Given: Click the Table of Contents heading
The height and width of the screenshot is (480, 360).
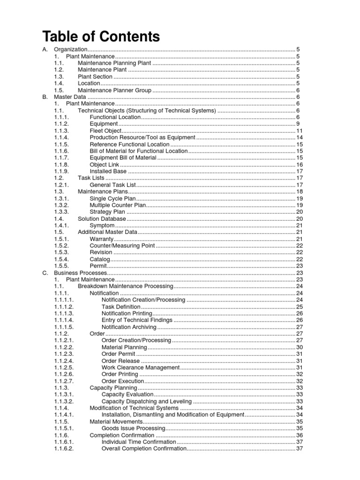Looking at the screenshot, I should [x=101, y=36].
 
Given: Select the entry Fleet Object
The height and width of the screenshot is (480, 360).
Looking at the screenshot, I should [x=105, y=131].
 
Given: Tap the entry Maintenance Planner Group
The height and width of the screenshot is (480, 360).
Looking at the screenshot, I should [x=114, y=90].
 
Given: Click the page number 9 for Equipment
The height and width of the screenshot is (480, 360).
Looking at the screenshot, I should [x=298, y=124].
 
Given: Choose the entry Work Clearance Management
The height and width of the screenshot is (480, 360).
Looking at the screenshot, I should [x=141, y=367].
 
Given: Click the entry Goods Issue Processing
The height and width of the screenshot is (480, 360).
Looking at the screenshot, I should [x=132, y=428].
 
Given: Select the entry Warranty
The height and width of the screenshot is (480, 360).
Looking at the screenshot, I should [x=102, y=239].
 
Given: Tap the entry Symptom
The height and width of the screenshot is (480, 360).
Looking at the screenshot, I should [x=102, y=225].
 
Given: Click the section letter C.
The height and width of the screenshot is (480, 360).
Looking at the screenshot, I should [x=45, y=273].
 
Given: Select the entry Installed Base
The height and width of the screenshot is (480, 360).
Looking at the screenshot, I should [x=108, y=172].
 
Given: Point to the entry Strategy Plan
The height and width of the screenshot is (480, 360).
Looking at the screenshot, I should [x=107, y=212].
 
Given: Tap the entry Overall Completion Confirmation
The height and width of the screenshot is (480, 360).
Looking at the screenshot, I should [x=144, y=449].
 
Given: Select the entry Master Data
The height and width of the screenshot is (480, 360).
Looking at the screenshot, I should [x=69, y=97].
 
